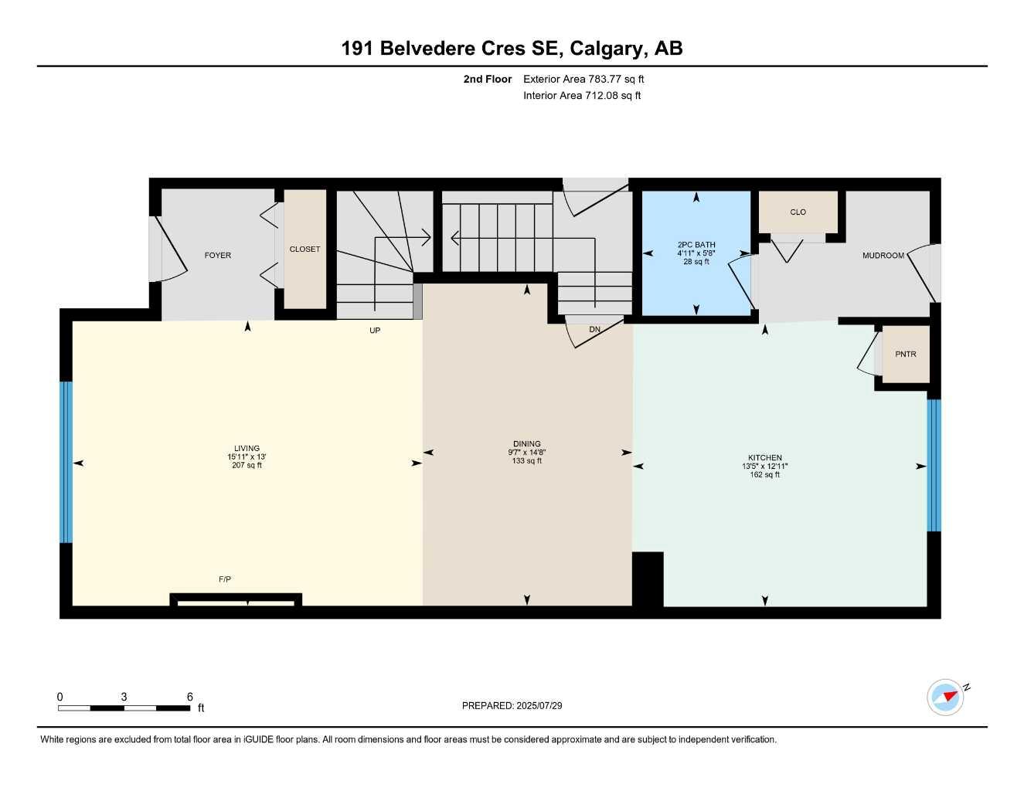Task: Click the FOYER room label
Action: point(217,256)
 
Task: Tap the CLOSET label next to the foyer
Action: point(304,250)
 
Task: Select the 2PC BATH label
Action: point(696,245)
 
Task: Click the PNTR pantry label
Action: point(905,355)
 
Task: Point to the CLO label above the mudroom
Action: point(798,212)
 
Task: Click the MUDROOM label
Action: point(883,256)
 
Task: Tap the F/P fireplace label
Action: point(225,579)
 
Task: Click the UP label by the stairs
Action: point(375,331)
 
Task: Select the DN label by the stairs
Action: point(594,330)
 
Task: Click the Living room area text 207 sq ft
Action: point(247,466)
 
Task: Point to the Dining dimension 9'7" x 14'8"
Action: point(526,453)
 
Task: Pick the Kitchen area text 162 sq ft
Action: point(764,475)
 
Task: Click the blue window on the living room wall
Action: point(66,462)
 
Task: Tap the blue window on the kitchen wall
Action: point(934,465)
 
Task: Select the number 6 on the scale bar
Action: point(189,697)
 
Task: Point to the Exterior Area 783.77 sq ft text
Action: point(583,79)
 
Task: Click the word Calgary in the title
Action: point(607,49)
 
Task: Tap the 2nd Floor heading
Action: point(487,79)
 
